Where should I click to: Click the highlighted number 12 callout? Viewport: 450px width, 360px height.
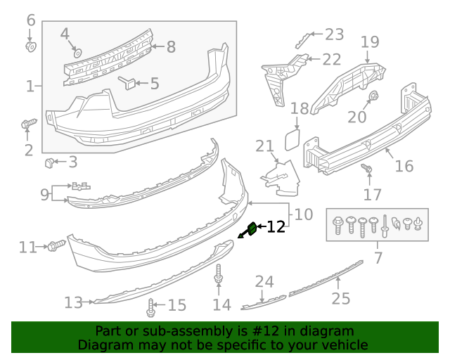276,226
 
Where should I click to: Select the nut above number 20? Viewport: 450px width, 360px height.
374,96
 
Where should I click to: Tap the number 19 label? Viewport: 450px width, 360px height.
370,43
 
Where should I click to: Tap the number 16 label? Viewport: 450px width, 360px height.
404,166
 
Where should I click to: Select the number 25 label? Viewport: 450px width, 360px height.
340,300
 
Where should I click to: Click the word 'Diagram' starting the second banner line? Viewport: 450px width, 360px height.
104,345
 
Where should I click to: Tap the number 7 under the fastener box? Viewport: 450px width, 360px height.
378,258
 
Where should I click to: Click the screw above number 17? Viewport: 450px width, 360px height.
366,169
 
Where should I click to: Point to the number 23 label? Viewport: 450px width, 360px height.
334,34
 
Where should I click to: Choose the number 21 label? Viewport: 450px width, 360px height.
264,146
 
